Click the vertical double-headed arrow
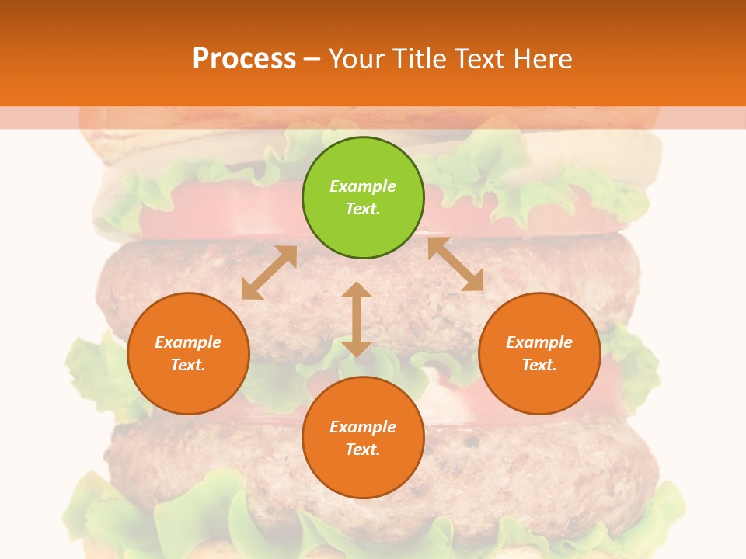tap(357, 319)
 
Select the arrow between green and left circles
tap(269, 273)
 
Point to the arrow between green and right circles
tap(455, 264)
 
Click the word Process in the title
tap(244, 58)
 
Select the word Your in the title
tap(355, 58)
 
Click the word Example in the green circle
tap(363, 186)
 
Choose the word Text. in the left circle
tap(188, 365)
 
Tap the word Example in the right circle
tap(539, 342)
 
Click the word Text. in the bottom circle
tap(363, 450)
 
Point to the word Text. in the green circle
tap(363, 209)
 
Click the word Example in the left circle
tap(188, 342)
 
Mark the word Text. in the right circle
tap(539, 365)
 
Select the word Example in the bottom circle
tap(363, 427)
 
